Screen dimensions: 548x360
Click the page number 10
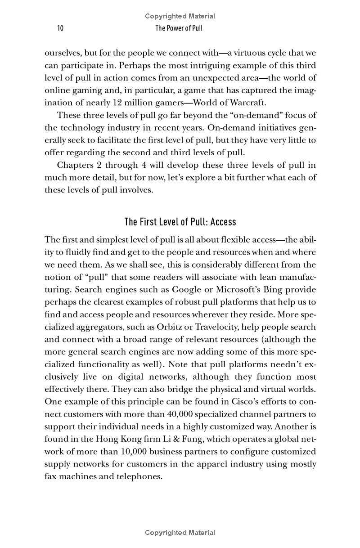tap(60, 29)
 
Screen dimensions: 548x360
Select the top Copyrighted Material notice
tap(180, 16)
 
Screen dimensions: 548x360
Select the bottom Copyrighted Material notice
tap(180, 533)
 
